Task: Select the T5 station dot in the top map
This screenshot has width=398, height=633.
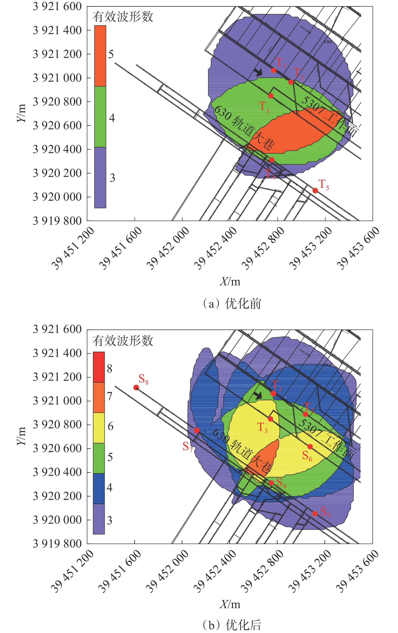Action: [x=315, y=191]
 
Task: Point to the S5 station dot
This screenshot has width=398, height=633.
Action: [x=315, y=513]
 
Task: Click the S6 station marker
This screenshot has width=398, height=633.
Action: [x=310, y=447]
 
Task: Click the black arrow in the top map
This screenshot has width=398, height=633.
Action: [x=258, y=72]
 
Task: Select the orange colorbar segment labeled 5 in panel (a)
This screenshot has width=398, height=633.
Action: [x=100, y=56]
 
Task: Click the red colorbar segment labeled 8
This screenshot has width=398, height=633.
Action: [x=99, y=367]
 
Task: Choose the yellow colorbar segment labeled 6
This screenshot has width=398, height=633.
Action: [x=99, y=428]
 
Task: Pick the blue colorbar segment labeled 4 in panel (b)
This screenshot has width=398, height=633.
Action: [x=99, y=488]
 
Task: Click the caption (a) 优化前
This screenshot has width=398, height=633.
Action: [x=232, y=304]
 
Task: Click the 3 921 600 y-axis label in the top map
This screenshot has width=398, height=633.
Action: [x=57, y=7]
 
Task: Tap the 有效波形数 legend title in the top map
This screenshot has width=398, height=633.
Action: [x=123, y=17]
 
